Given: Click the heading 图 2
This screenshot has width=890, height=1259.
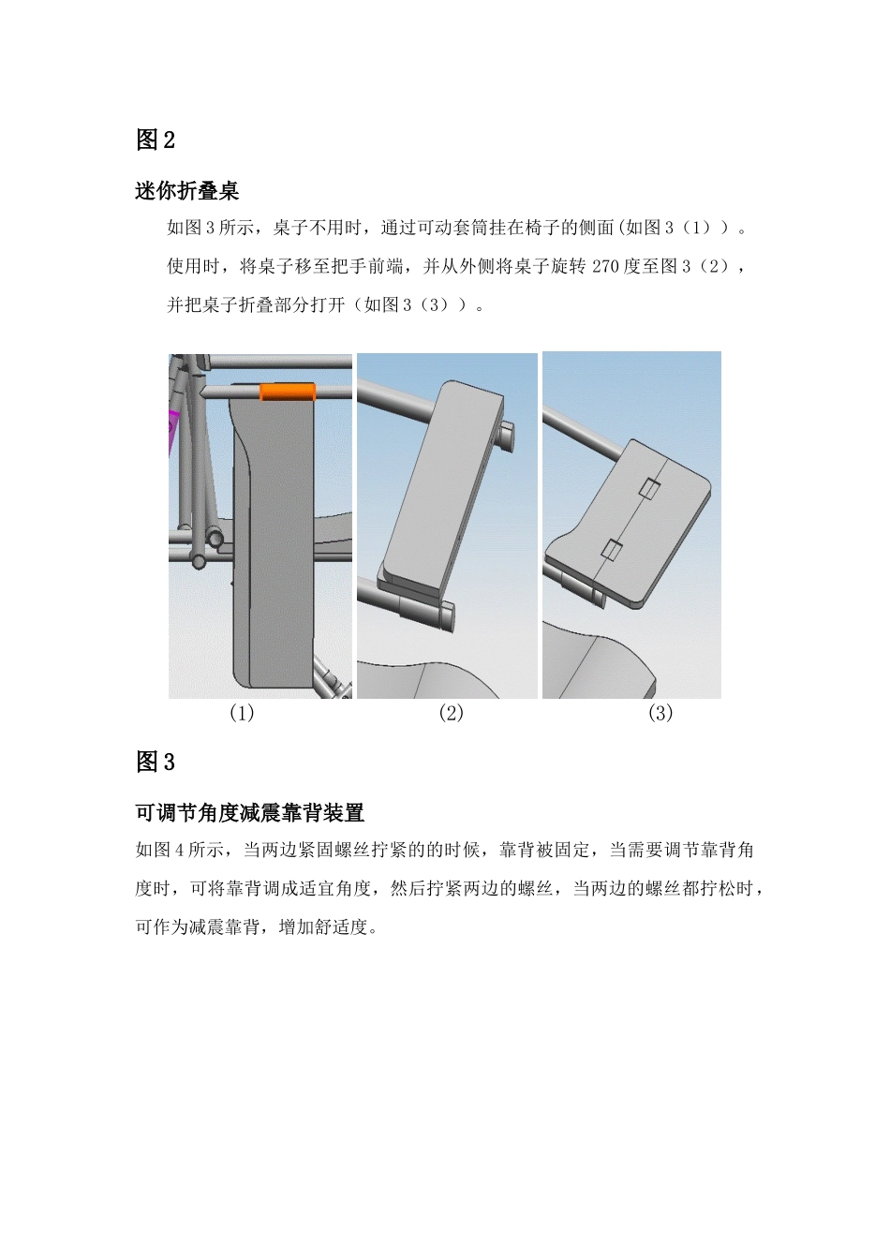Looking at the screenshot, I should [156, 141].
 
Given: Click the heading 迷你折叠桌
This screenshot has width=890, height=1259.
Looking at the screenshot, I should [187, 191].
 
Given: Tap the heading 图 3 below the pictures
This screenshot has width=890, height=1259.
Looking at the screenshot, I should [156, 763].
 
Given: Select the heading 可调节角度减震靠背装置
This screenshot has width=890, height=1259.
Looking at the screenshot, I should [249, 813].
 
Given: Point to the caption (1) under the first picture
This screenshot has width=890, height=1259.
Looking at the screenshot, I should [242, 713].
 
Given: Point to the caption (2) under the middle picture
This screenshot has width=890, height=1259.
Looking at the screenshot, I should [451, 713].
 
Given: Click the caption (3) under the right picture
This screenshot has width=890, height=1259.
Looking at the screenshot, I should [660, 713].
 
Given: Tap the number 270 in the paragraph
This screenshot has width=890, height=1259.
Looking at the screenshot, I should [605, 267].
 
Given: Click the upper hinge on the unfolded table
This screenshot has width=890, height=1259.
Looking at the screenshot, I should [649, 488].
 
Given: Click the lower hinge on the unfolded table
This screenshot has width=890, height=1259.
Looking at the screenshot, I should [612, 550].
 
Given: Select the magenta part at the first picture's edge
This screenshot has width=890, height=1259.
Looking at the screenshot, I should [172, 431].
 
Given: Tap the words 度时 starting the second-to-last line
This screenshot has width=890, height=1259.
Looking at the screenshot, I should [153, 890].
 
